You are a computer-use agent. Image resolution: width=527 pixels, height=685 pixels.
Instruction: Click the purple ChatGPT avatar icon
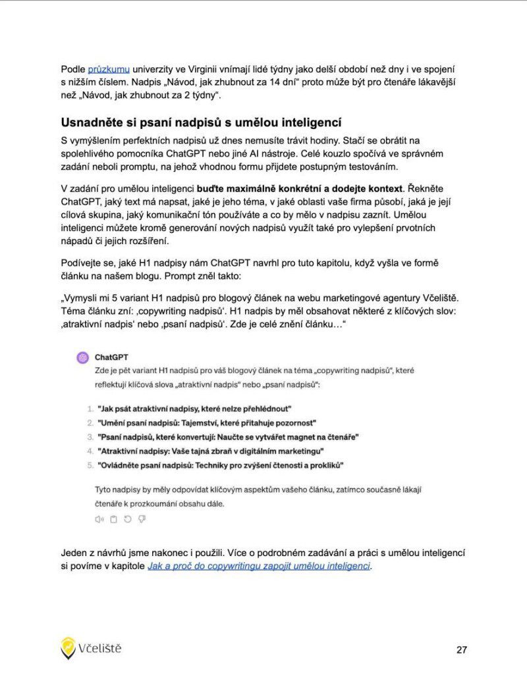point(82,358)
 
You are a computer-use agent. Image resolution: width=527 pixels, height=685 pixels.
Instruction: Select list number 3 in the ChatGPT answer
point(90,437)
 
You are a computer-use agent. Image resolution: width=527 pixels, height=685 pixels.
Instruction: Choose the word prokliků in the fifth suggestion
point(324,466)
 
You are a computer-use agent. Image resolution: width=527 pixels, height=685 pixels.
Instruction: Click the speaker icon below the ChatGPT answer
point(99,520)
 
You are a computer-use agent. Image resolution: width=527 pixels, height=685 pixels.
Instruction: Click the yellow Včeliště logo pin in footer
point(68,648)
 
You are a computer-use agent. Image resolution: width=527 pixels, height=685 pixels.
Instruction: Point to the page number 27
point(461,650)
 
